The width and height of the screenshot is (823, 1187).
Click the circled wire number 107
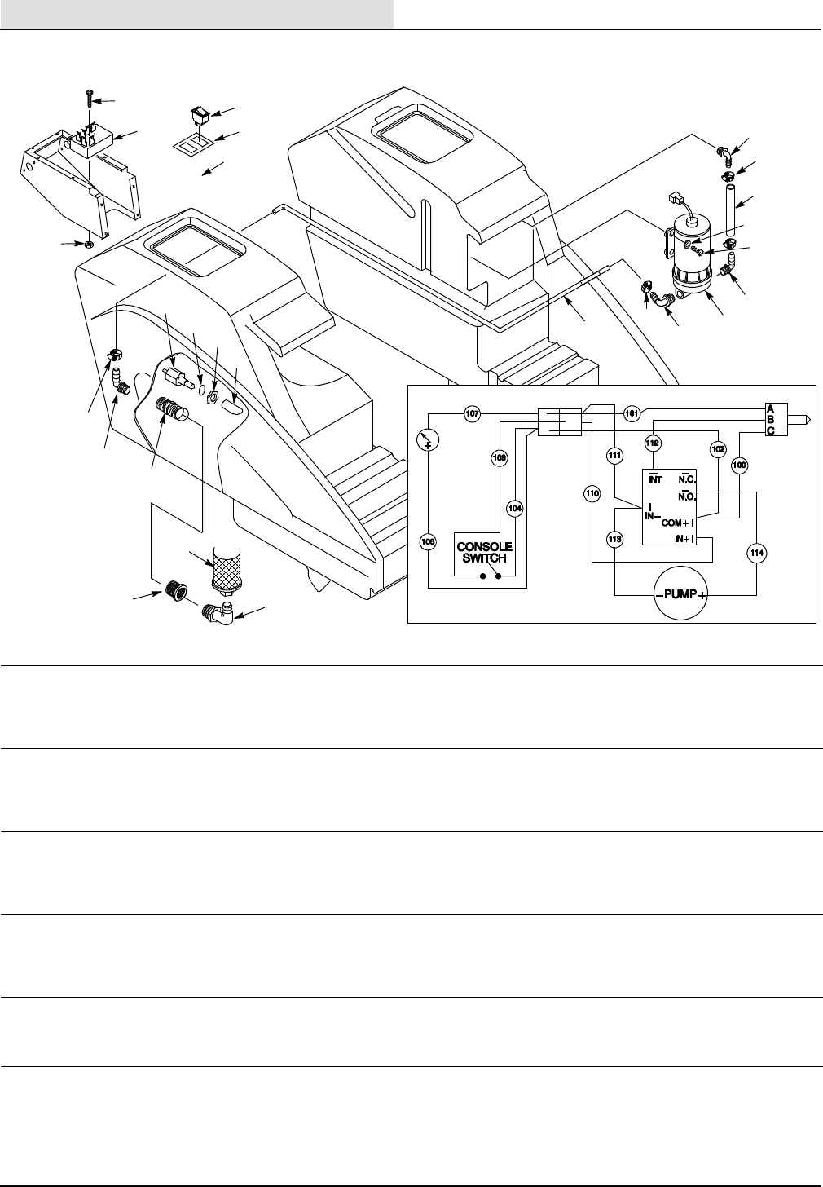472,413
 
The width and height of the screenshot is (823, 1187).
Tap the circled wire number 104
514,507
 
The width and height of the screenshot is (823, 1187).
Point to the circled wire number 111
615,457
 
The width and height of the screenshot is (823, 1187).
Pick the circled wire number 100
739,465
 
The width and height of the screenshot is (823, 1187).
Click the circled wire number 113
615,538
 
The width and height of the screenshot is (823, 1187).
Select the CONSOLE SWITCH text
484,552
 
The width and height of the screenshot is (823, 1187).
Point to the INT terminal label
654,478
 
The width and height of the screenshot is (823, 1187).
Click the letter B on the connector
771,419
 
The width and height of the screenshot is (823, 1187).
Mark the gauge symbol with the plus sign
427,440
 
